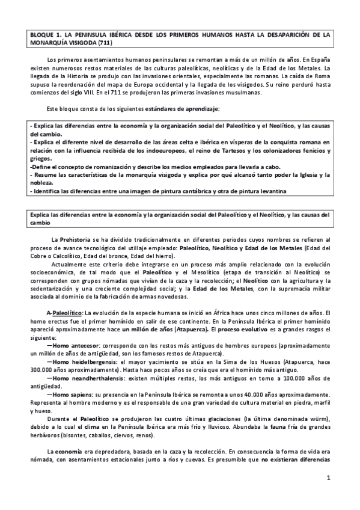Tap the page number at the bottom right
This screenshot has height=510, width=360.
[329, 478]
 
